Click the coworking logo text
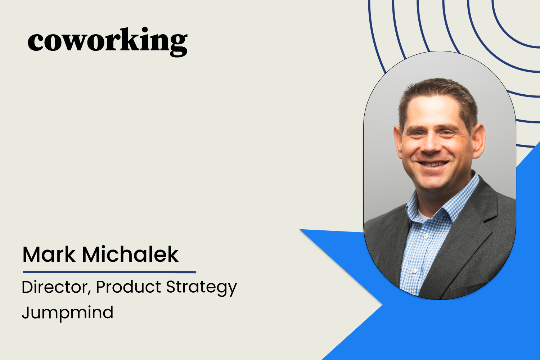pos(107,41)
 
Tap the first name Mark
pos(49,255)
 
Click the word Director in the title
pos(54,287)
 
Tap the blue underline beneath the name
pos(109,272)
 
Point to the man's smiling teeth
pos(433,164)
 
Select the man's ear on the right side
pos(480,139)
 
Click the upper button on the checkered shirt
pos(426,236)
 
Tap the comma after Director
pos(89,293)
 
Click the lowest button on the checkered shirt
pos(414,271)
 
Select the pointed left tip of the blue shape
pos(301,230)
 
